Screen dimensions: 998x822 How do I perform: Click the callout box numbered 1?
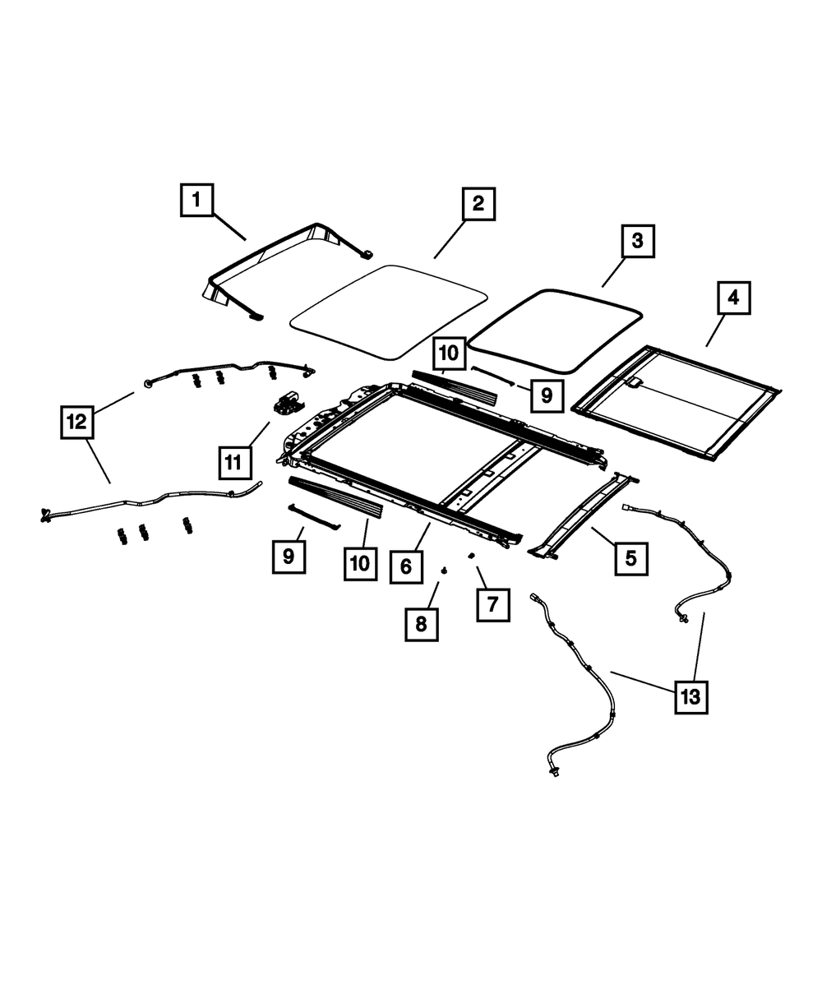(197, 200)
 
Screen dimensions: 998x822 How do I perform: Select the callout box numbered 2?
(478, 204)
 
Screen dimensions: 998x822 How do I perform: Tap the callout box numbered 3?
(637, 243)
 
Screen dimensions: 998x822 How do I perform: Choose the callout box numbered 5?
(630, 558)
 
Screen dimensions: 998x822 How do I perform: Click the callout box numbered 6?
(406, 566)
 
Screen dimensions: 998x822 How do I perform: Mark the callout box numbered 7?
(492, 605)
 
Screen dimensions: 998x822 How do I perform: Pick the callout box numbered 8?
(422, 625)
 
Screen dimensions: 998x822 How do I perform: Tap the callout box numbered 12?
(76, 423)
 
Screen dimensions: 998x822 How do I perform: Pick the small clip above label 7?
(472, 556)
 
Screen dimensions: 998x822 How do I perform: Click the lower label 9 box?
(289, 556)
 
